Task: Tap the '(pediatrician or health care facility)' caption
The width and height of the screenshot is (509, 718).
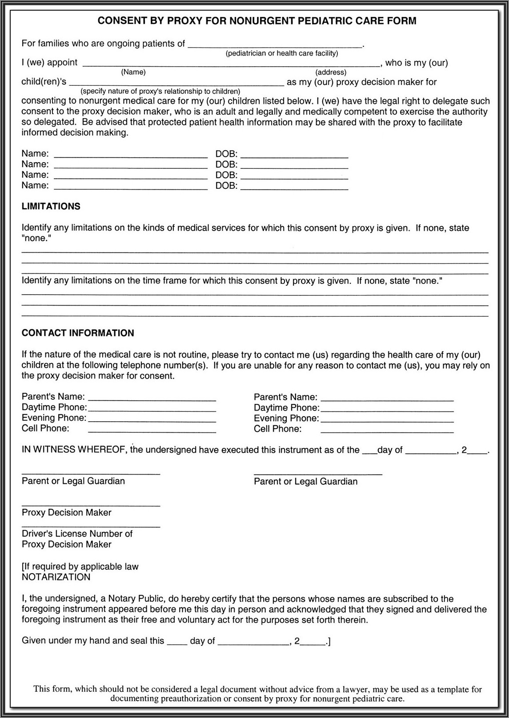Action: click(282, 53)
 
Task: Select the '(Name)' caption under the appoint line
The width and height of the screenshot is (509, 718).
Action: click(133, 72)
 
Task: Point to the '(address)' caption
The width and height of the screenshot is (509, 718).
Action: click(331, 72)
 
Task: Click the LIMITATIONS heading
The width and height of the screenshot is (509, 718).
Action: click(51, 206)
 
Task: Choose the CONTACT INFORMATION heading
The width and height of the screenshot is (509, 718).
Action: click(78, 333)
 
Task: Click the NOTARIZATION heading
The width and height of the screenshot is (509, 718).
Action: click(56, 577)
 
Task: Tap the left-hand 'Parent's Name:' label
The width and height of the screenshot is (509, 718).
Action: click(53, 397)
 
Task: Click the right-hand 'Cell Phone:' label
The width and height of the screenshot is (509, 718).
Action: click(277, 429)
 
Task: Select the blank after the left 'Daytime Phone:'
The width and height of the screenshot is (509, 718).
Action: click(152, 409)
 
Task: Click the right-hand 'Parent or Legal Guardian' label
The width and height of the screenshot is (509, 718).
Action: click(305, 482)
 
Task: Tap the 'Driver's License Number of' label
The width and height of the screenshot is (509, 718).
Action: click(77, 534)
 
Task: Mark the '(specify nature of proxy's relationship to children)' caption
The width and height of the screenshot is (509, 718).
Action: click(160, 92)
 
